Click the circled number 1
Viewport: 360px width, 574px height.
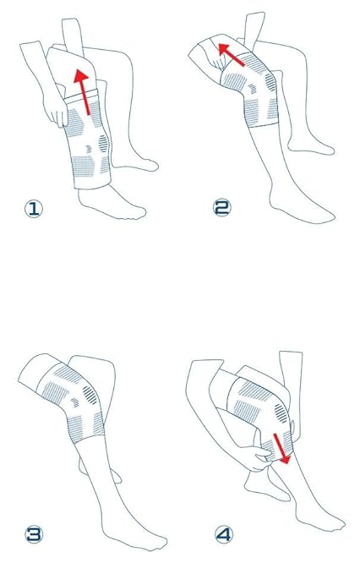pos(33,209)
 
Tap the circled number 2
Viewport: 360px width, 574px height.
pos(221,208)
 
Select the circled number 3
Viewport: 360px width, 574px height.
pos(34,534)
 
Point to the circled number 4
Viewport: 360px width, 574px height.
pos(223,535)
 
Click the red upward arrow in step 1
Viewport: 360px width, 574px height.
pos(83,92)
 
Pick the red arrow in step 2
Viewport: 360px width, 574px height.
pos(231,55)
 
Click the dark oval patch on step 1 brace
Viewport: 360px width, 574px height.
pos(103,144)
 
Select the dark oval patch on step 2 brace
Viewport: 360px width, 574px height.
pos(270,82)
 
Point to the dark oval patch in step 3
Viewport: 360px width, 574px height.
pos(90,396)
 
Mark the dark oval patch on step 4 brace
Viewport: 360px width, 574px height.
pos(281,413)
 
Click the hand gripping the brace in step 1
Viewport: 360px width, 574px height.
pos(56,110)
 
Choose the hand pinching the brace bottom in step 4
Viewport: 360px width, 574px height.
pos(258,456)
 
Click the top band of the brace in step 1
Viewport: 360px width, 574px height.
pos(81,96)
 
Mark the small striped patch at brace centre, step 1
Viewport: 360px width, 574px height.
pos(89,149)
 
